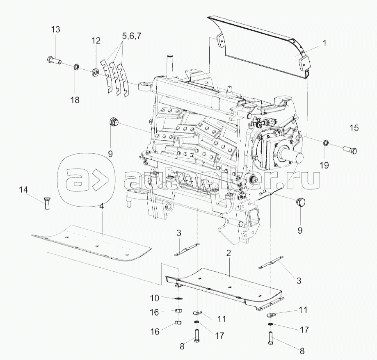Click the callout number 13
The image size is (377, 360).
pos(55,29)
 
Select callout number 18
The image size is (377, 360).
pos(75,100)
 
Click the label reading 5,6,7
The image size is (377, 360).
pos(131,36)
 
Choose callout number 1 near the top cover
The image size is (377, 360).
pos(324,42)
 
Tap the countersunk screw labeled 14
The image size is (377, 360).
pos(46,203)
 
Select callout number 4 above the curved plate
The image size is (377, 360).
pos(101,207)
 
